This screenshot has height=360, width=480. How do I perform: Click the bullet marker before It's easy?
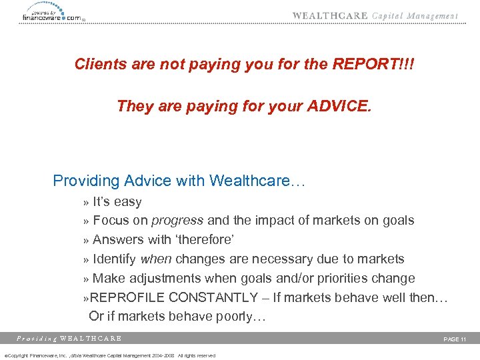[86, 202]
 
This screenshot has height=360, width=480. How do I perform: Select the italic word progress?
[177, 220]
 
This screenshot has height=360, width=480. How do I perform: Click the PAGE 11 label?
[455, 339]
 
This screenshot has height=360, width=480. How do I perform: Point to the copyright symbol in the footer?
[5, 355]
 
